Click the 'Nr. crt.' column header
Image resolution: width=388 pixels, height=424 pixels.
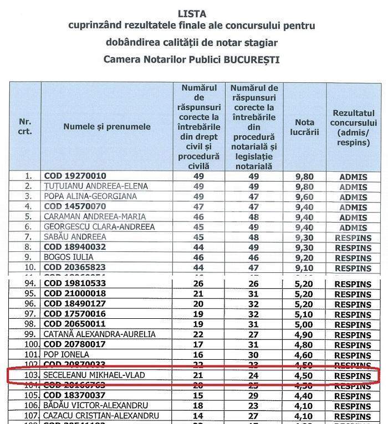[25, 127]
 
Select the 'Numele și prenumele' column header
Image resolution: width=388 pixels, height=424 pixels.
[107, 127]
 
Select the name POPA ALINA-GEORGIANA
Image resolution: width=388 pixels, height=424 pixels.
[90, 197]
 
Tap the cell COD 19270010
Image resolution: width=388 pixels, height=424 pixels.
[75, 176]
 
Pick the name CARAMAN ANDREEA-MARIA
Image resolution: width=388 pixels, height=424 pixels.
[95, 216]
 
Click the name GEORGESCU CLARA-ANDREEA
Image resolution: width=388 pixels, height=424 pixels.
[99, 227]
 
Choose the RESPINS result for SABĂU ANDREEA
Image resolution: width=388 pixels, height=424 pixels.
[353, 237]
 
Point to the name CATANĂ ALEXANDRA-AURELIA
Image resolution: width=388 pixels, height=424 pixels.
[100, 334]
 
